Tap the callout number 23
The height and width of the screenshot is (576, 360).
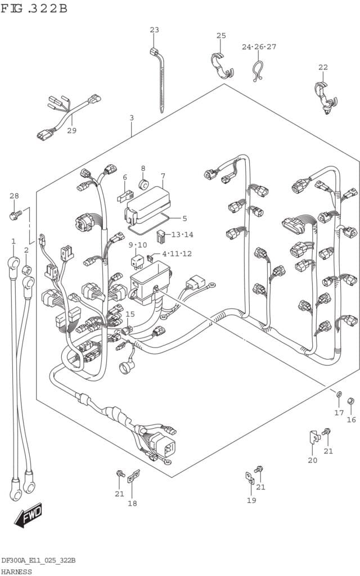(x=154, y=30)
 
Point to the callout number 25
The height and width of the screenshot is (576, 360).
(x=221, y=35)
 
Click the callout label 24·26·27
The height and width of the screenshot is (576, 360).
(x=259, y=47)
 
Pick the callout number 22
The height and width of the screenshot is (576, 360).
(x=323, y=67)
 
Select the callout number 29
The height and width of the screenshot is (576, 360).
(x=71, y=130)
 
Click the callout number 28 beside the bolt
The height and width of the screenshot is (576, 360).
(x=14, y=196)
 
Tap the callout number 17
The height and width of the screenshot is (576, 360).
(x=339, y=413)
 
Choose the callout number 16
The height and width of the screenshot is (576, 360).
(x=351, y=419)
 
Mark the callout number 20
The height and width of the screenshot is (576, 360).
(x=312, y=460)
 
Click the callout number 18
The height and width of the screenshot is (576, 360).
(x=132, y=503)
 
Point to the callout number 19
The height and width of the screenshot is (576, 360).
(x=251, y=500)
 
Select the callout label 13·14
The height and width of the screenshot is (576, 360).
(x=182, y=235)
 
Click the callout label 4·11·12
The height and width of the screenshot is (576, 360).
(x=177, y=254)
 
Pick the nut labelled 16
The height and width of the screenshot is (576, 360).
(x=350, y=402)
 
